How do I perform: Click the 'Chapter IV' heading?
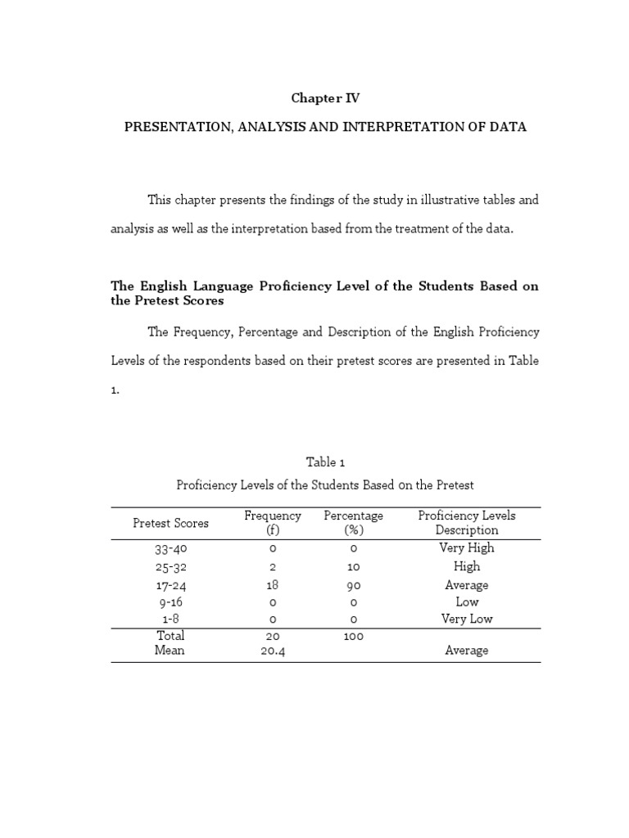pyautogui.click(x=325, y=98)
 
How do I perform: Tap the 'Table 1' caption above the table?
pyautogui.click(x=326, y=462)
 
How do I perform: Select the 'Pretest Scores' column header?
pyautogui.click(x=170, y=523)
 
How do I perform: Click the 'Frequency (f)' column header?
pyautogui.click(x=273, y=523)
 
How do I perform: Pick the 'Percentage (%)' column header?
pyautogui.click(x=353, y=523)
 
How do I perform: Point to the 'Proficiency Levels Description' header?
pyautogui.click(x=467, y=523)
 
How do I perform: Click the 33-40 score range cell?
pyautogui.click(x=170, y=549)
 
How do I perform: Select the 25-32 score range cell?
pyautogui.click(x=170, y=567)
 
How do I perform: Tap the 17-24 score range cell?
pyautogui.click(x=170, y=585)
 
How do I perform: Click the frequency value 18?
pyautogui.click(x=273, y=585)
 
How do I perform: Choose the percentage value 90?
pyautogui.click(x=353, y=585)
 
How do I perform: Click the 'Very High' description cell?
pyautogui.click(x=467, y=548)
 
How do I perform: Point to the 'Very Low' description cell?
pyautogui.click(x=467, y=619)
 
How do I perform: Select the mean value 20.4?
pyautogui.click(x=273, y=651)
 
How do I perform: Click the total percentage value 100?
pyautogui.click(x=353, y=636)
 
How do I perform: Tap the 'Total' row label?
pyautogui.click(x=170, y=636)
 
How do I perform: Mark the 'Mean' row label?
pyautogui.click(x=170, y=651)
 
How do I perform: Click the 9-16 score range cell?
pyautogui.click(x=170, y=602)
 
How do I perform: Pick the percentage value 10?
pyautogui.click(x=353, y=567)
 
